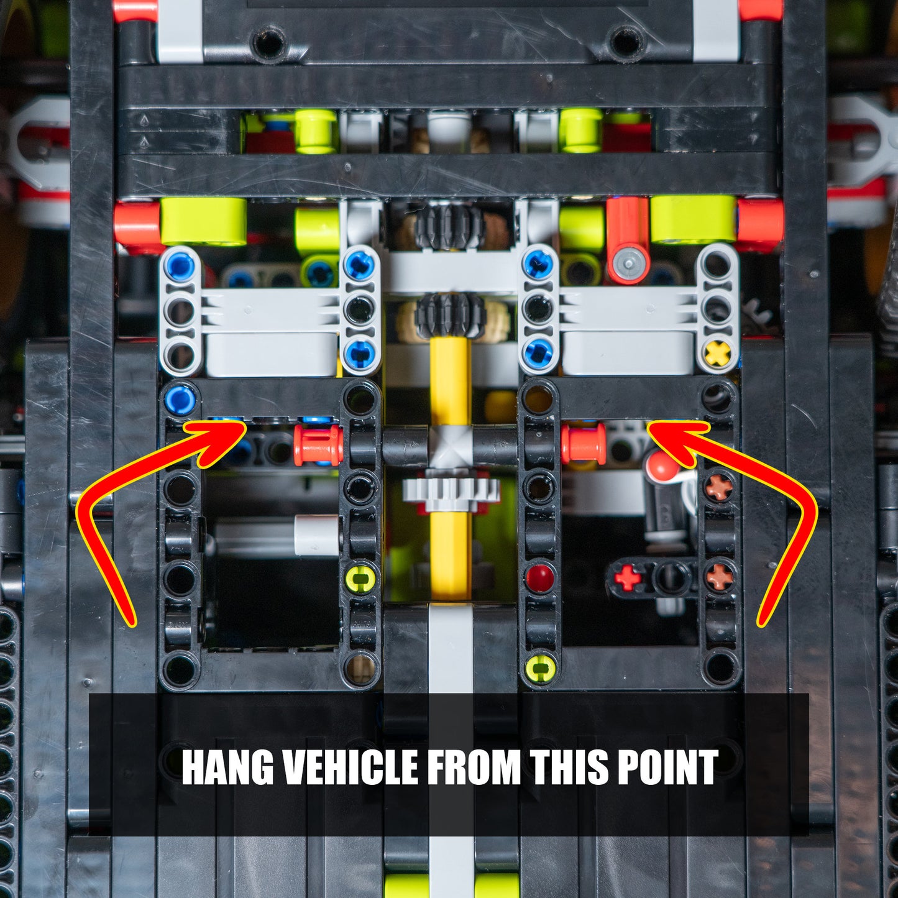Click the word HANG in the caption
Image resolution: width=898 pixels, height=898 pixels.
(227, 767)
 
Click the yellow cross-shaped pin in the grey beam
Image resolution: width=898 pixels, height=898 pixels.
(718, 354)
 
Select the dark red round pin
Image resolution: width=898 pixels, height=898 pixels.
(539, 578)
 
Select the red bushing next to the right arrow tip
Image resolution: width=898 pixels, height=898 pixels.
(584, 443)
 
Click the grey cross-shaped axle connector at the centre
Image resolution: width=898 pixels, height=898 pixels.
(450, 446)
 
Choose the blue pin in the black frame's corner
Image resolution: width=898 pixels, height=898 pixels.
(180, 400)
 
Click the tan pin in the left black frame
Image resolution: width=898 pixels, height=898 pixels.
(360, 668)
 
